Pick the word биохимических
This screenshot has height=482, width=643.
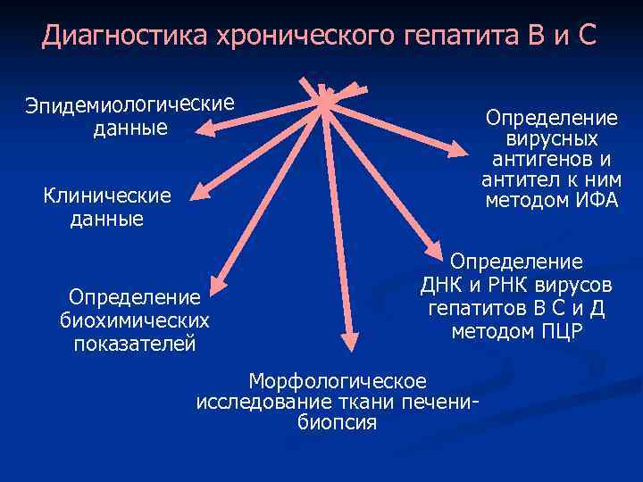pos(135,320)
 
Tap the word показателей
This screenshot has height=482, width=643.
pos(135,344)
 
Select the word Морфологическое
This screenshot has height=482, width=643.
pos(338,379)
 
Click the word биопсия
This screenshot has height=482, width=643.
pos(337,422)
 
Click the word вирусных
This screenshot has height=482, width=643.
pos(552,138)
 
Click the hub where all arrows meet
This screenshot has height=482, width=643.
pos(326,97)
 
